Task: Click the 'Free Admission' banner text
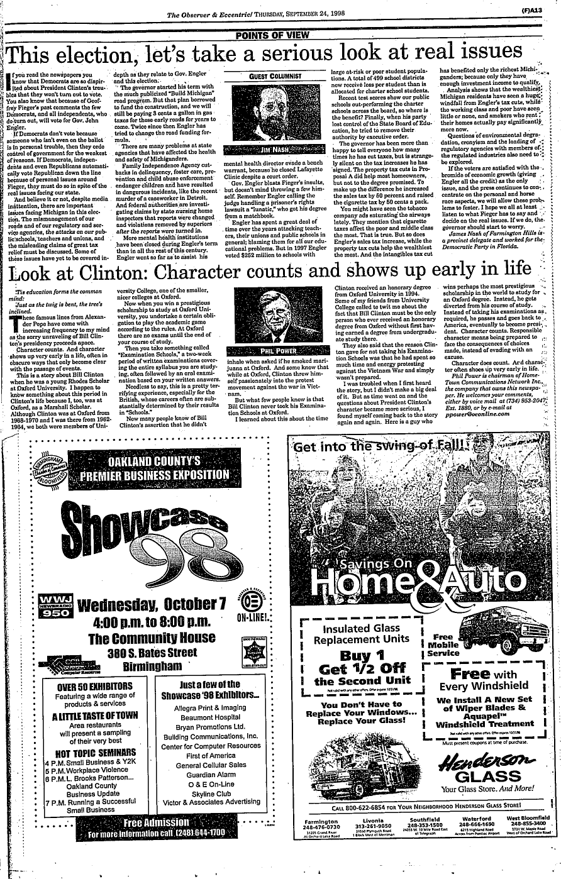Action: pos(156,822)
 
